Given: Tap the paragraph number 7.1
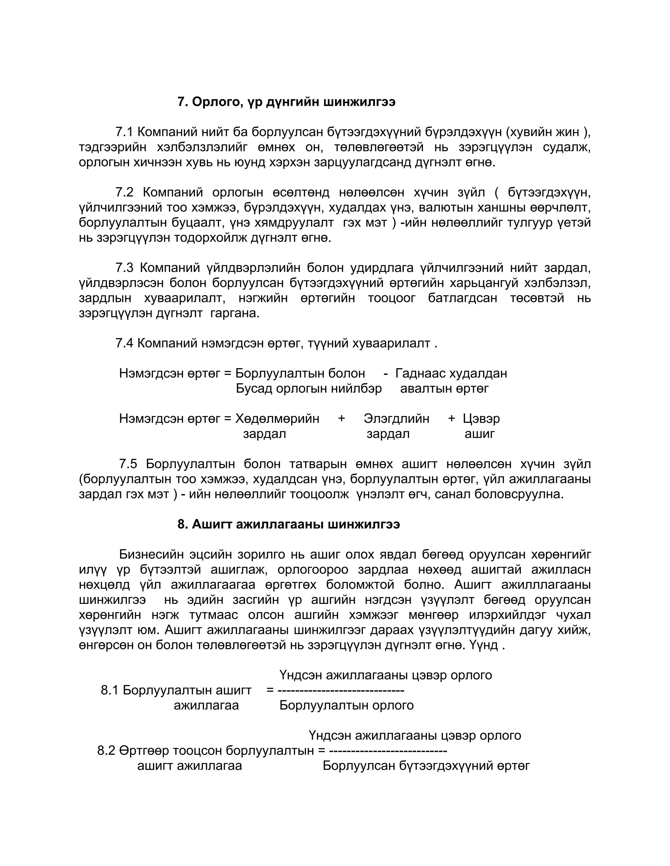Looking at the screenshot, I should click(x=124, y=132).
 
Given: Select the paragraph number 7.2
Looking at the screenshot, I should click(x=124, y=193).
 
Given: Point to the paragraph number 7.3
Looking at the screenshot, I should click(x=124, y=268).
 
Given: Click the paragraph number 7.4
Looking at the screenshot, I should click(x=124, y=343).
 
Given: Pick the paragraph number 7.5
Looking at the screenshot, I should click(x=128, y=464).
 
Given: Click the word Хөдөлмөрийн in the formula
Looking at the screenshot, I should click(x=277, y=419).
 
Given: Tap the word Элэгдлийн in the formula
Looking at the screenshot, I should click(x=396, y=419).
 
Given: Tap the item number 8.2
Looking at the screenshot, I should click(x=106, y=751).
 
